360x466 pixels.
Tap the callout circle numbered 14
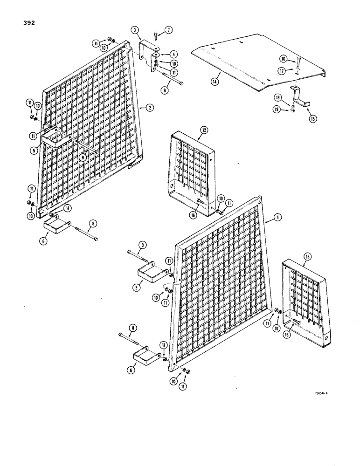click(x=214, y=81)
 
